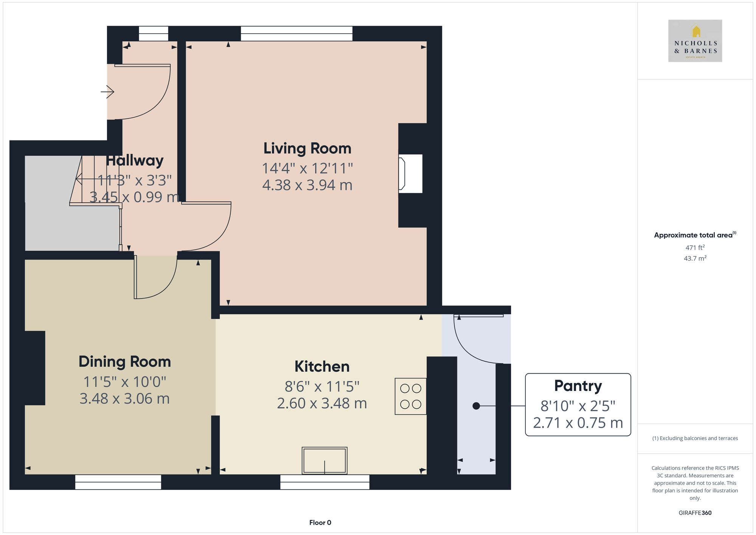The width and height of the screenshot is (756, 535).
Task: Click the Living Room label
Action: (307, 149)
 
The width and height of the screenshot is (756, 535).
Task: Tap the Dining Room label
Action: (124, 362)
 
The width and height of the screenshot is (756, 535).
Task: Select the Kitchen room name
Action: (322, 367)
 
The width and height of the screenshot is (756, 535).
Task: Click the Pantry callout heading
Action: (578, 386)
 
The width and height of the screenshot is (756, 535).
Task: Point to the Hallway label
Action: (135, 161)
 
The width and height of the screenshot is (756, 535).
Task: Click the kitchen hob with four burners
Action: (411, 396)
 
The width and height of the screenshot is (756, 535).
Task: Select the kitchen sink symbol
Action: (324, 461)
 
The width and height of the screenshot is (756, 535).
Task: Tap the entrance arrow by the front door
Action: (108, 91)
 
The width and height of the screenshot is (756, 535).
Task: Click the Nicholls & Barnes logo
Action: (695, 41)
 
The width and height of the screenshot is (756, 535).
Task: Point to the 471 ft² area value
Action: (695, 248)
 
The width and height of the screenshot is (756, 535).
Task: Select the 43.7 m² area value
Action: (695, 259)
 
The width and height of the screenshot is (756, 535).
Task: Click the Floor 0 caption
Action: (320, 523)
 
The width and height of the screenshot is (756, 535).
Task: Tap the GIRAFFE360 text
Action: (695, 513)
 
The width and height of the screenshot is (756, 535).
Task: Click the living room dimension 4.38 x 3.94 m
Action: (307, 185)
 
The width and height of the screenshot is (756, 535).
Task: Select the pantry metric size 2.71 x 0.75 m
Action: (578, 423)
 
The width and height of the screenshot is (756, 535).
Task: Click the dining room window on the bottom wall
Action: (118, 482)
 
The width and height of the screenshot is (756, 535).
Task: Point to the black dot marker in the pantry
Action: (476, 406)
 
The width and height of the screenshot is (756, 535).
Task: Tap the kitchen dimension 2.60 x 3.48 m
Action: (322, 403)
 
